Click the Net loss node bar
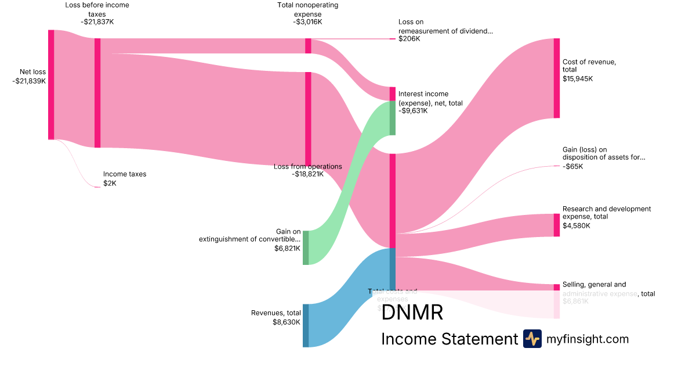51,84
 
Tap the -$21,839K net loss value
29,81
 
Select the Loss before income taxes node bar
97,93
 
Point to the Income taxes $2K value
110,183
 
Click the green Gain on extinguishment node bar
306,247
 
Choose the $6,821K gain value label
287,248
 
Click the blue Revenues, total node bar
306,325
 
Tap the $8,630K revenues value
287,322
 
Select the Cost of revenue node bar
557,78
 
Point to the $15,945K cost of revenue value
578,78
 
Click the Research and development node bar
557,225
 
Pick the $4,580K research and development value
576,225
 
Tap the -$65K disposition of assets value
573,167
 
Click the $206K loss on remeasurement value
409,39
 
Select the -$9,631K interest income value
413,111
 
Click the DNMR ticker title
412,313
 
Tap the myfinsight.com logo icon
532,339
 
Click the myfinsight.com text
588,339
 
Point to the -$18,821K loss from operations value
307,174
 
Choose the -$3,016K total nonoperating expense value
307,22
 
